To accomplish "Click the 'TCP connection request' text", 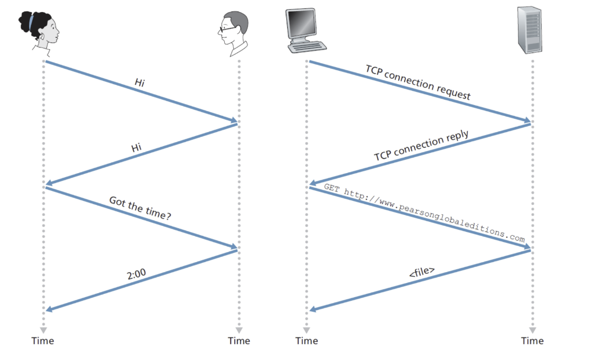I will click(x=418, y=82).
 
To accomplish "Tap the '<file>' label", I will click(x=422, y=272).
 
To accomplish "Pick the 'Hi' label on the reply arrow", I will click(x=137, y=147).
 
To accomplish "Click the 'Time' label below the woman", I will click(x=43, y=341).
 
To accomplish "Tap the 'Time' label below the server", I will click(x=532, y=341).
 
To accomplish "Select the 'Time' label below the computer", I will click(x=306, y=341).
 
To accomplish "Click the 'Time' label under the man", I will click(x=239, y=341).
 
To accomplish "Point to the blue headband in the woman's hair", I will click(x=31, y=21).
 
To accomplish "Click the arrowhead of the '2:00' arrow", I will click(x=49, y=309).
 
